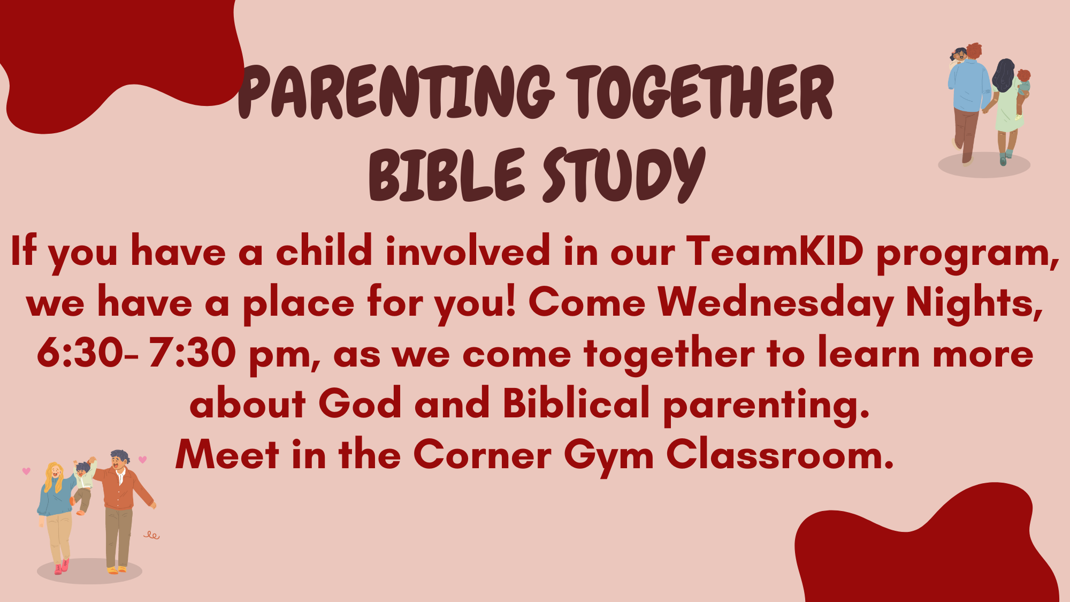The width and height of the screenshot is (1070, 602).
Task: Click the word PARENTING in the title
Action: tap(396, 92)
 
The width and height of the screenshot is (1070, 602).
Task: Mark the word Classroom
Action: tap(780, 454)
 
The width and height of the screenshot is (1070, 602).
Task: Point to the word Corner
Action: tap(482, 455)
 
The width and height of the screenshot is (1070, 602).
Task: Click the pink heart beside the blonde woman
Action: tap(26, 471)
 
